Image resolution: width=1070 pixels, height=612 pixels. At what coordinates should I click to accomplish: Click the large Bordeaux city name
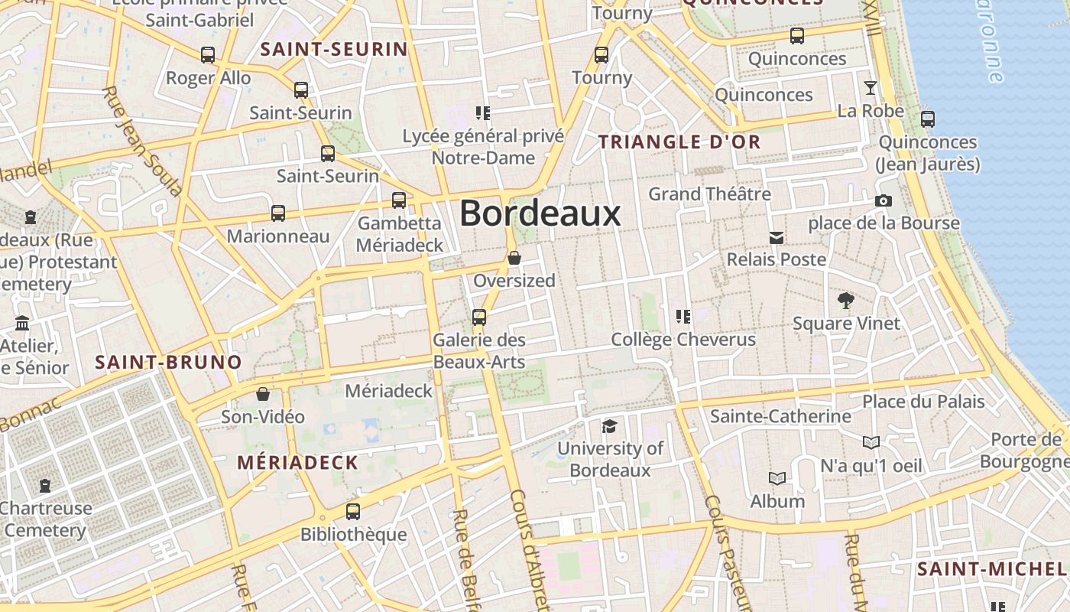pos(540,213)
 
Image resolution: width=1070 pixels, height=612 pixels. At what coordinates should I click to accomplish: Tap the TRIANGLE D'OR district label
pos(679,142)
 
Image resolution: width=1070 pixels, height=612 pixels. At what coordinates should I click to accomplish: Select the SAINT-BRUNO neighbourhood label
pos(168,362)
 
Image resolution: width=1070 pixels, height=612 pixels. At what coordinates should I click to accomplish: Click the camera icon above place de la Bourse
pos(884,201)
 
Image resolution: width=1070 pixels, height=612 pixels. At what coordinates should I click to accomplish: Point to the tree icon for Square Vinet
pos(845,300)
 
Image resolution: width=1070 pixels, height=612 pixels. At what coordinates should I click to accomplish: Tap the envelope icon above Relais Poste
pos(777,238)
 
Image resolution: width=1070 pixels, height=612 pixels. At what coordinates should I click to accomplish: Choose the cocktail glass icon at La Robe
pos(870,88)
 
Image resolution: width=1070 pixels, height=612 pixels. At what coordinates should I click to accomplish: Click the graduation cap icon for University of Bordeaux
pos(609,426)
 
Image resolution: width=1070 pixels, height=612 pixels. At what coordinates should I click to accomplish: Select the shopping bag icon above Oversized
pos(514,258)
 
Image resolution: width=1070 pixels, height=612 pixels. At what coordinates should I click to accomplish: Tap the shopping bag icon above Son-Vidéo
pos(263,395)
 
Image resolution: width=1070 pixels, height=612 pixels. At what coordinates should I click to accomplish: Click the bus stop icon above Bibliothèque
pos(353,511)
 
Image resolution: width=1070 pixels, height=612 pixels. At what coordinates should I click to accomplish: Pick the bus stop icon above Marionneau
pos(278,213)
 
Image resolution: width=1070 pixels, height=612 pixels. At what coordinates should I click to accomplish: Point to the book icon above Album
pos(777,479)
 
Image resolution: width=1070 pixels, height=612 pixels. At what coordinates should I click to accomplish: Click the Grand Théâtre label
pos(709,194)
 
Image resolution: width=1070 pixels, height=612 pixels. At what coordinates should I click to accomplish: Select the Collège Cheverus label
pos(683,339)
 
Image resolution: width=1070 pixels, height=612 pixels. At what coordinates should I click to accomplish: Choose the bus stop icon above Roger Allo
pos(208,55)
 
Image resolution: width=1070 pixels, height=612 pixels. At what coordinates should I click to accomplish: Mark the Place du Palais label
pos(923,401)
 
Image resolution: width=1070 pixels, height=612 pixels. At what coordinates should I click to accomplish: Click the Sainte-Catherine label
pos(780,416)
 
